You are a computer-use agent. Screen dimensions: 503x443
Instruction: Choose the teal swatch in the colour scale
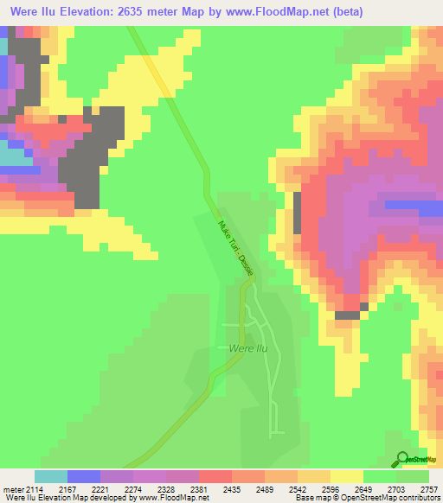tap(51, 476)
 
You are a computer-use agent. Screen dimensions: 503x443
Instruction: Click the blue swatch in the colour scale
tap(84, 476)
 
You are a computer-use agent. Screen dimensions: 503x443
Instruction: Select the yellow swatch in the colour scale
tap(347, 476)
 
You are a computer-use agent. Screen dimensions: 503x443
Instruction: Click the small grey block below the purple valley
tap(347, 315)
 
